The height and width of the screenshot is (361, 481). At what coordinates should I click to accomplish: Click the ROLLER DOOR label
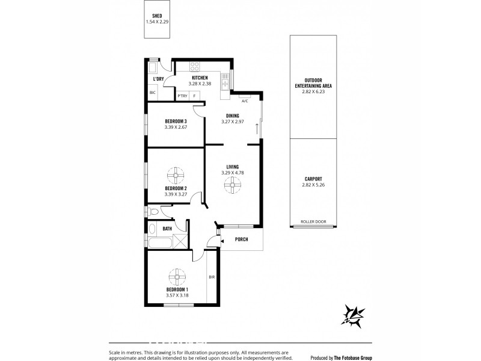click(x=313, y=222)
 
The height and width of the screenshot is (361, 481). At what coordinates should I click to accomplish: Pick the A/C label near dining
click(x=244, y=101)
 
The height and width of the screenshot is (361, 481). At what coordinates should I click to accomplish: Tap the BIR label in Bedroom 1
click(x=212, y=278)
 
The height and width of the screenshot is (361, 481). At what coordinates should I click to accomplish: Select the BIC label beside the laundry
click(x=153, y=93)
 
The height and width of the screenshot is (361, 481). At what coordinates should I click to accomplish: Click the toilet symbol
click(x=155, y=211)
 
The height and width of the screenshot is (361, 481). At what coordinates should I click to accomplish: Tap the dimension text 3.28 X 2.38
click(x=199, y=84)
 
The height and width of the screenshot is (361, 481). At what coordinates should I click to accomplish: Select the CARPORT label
click(x=313, y=179)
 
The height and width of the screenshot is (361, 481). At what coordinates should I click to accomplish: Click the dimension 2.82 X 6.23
click(x=313, y=92)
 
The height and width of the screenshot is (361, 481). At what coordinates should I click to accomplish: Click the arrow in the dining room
click(x=257, y=128)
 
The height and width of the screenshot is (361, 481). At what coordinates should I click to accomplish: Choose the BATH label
click(x=167, y=229)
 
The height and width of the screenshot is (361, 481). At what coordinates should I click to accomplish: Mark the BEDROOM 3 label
click(x=176, y=121)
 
